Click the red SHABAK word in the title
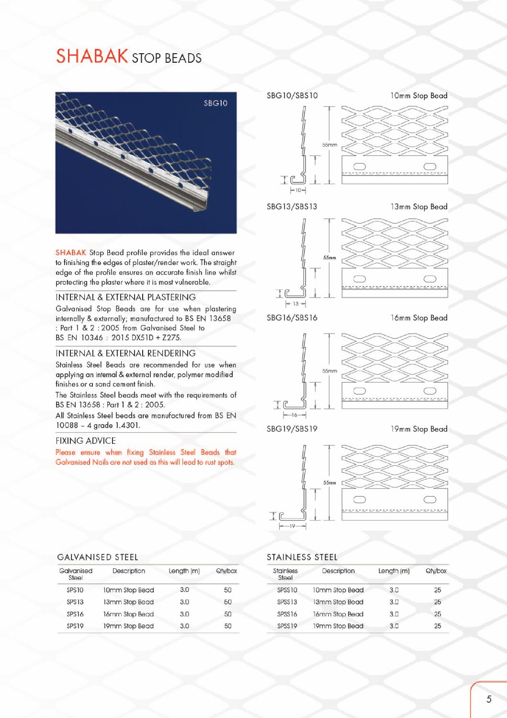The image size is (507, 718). [x=91, y=56]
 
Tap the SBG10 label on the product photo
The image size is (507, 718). [x=215, y=103]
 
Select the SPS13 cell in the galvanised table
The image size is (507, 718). [x=75, y=602]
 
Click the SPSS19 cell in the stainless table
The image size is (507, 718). [x=287, y=626]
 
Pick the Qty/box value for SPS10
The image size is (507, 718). [x=228, y=590]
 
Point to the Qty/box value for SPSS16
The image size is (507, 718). [x=438, y=614]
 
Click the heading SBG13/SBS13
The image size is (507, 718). [x=292, y=207]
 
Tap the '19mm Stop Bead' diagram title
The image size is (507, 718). [x=419, y=429]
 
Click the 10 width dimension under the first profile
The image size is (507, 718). [x=298, y=190]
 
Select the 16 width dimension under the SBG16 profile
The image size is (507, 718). [x=294, y=415]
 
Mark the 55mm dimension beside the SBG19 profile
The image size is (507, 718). [x=329, y=483]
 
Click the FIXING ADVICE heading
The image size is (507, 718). [x=86, y=441]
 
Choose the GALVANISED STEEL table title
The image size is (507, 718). [x=98, y=557]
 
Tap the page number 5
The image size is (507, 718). [x=489, y=699]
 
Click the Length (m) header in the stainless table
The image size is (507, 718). [x=394, y=571]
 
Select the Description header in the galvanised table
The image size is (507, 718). [x=129, y=571]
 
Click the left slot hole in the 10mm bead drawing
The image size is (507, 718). [x=360, y=166]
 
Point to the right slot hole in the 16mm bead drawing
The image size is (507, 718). [x=430, y=391]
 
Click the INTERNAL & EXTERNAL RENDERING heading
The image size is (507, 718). [x=125, y=353]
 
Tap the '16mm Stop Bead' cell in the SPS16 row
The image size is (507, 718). [x=128, y=614]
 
